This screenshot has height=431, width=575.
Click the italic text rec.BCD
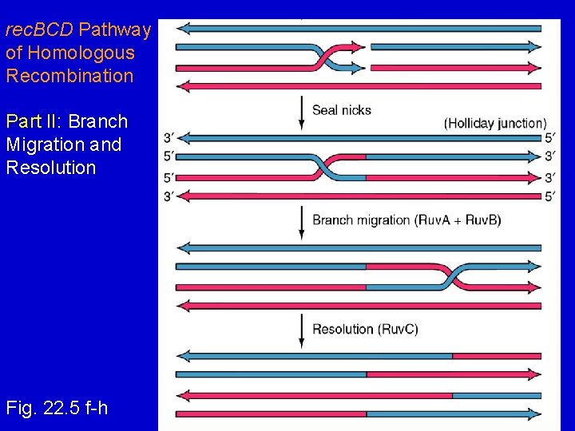point(39,30)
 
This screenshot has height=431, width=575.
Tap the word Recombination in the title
point(69,76)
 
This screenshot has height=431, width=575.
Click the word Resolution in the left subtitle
point(50,168)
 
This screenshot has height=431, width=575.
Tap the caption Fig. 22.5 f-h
point(57,409)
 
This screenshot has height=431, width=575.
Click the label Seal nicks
point(341,110)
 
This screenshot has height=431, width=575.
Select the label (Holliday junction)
point(495,123)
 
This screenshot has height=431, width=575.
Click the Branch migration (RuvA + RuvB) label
point(406,219)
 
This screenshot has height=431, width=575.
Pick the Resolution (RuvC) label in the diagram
point(365,329)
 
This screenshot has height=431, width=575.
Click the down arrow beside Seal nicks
point(301,113)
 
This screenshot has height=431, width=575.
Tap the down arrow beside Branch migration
point(301,223)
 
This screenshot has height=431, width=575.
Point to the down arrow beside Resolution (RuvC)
point(301,330)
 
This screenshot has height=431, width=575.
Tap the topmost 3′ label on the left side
point(169,137)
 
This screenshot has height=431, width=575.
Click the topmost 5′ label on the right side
point(550,137)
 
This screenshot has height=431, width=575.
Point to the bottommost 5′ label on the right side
point(550,196)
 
